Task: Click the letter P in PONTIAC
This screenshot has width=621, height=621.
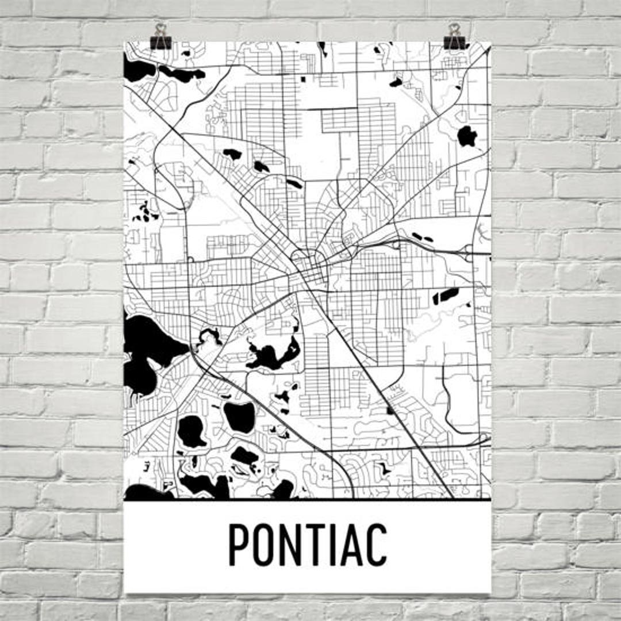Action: coord(240,545)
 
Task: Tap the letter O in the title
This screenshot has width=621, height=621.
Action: coord(267,545)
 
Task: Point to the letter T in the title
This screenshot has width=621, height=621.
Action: coord(322,545)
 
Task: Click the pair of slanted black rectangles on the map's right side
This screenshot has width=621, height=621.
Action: coord(446,296)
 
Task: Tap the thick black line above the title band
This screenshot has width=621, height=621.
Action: coord(308,500)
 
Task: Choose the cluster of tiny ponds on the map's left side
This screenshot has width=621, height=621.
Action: coord(145,213)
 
